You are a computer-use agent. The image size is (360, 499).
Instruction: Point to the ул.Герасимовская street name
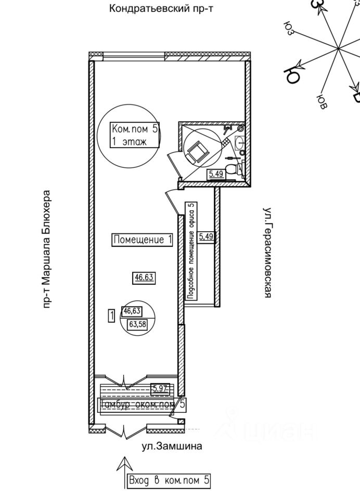(268, 253)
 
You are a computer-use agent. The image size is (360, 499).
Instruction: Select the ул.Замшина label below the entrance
(172, 446)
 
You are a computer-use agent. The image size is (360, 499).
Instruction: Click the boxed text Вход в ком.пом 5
(170, 481)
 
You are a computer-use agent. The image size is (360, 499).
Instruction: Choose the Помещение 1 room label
(143, 240)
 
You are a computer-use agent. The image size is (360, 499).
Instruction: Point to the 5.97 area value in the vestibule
(161, 387)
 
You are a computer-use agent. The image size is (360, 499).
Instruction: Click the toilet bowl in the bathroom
(239, 169)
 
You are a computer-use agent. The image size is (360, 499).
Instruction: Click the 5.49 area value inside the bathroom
(216, 174)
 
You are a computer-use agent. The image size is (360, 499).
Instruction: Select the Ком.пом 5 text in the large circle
(135, 128)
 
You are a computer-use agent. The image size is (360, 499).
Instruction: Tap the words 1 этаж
(128, 141)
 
